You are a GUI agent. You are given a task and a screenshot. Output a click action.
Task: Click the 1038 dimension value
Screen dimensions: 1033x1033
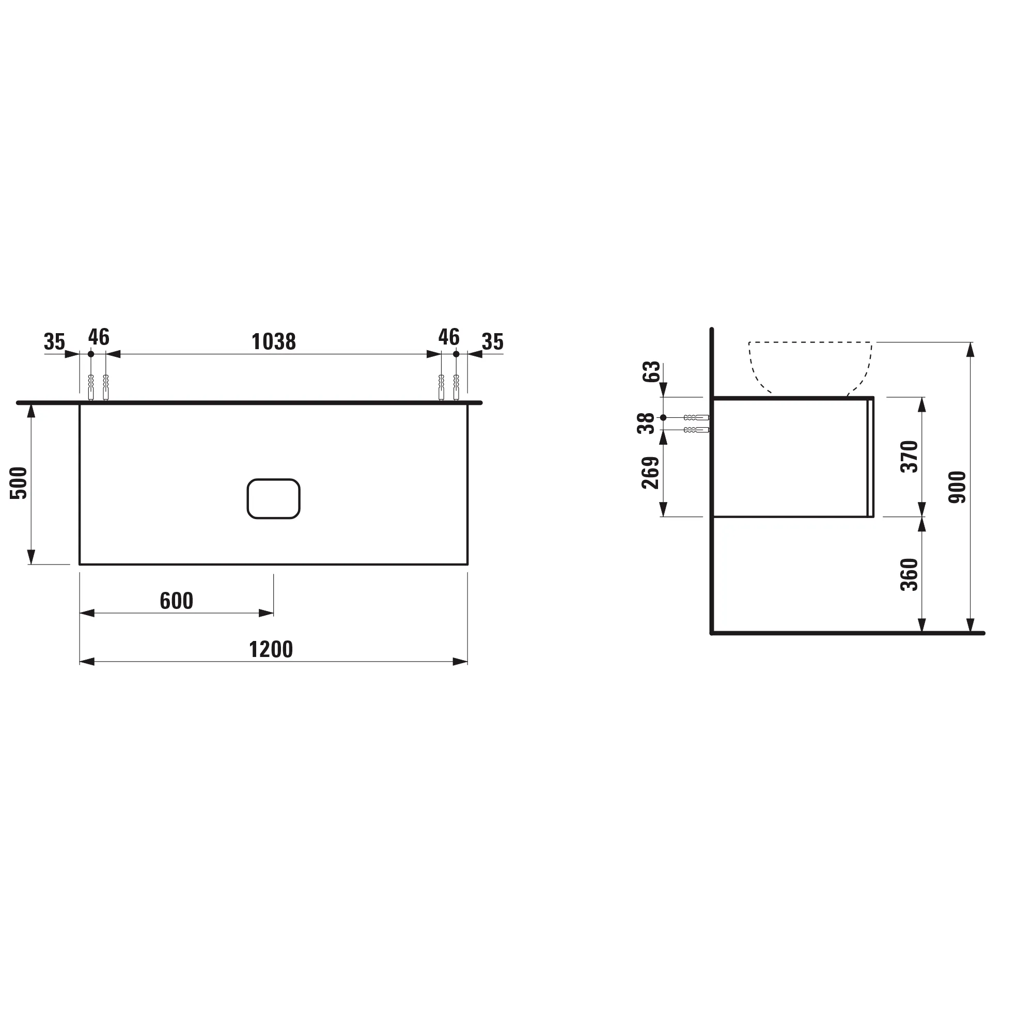[273, 341]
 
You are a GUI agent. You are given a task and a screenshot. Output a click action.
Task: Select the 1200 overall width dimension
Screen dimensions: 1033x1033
[271, 650]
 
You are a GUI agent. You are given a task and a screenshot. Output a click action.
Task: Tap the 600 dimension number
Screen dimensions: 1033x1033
[176, 601]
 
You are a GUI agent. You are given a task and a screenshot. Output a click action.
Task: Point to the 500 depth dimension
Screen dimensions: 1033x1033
[19, 483]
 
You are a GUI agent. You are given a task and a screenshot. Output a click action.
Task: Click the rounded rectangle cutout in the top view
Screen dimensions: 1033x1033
[273, 498]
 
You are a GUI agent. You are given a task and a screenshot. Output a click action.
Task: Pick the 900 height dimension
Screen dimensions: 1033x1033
[957, 487]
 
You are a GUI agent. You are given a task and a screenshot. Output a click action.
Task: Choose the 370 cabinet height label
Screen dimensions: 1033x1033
[909, 456]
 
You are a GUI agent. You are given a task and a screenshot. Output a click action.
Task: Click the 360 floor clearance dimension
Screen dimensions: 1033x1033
[909, 574]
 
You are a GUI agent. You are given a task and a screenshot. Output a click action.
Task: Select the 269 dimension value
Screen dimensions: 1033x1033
[650, 473]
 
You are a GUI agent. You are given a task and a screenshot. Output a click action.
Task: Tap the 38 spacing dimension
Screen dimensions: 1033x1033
[646, 424]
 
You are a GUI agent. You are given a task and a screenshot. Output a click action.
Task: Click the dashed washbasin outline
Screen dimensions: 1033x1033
[810, 342]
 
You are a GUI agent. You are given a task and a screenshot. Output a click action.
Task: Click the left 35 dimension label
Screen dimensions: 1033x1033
[54, 341]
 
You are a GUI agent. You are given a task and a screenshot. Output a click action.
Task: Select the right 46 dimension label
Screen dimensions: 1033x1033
[449, 337]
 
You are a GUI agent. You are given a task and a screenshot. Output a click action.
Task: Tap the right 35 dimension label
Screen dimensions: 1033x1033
[492, 341]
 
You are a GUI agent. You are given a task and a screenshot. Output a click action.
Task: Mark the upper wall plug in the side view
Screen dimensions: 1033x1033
[696, 417]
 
